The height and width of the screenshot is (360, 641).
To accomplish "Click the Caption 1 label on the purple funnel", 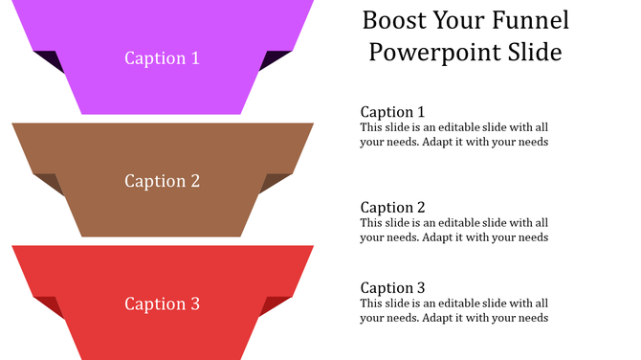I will tap(162, 57).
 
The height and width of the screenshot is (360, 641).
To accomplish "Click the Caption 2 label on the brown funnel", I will tap(162, 180).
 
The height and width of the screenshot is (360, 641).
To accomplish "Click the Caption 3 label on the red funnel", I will tap(162, 304).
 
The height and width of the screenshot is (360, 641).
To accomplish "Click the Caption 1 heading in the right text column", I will tap(392, 111).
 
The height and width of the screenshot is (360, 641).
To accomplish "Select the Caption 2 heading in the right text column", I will tap(392, 207).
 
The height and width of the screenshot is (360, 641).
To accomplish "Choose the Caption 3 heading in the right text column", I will tap(392, 287).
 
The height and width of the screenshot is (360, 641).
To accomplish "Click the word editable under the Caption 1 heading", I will tap(448, 127).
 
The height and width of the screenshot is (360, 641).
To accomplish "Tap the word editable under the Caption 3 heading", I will tap(448, 304).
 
